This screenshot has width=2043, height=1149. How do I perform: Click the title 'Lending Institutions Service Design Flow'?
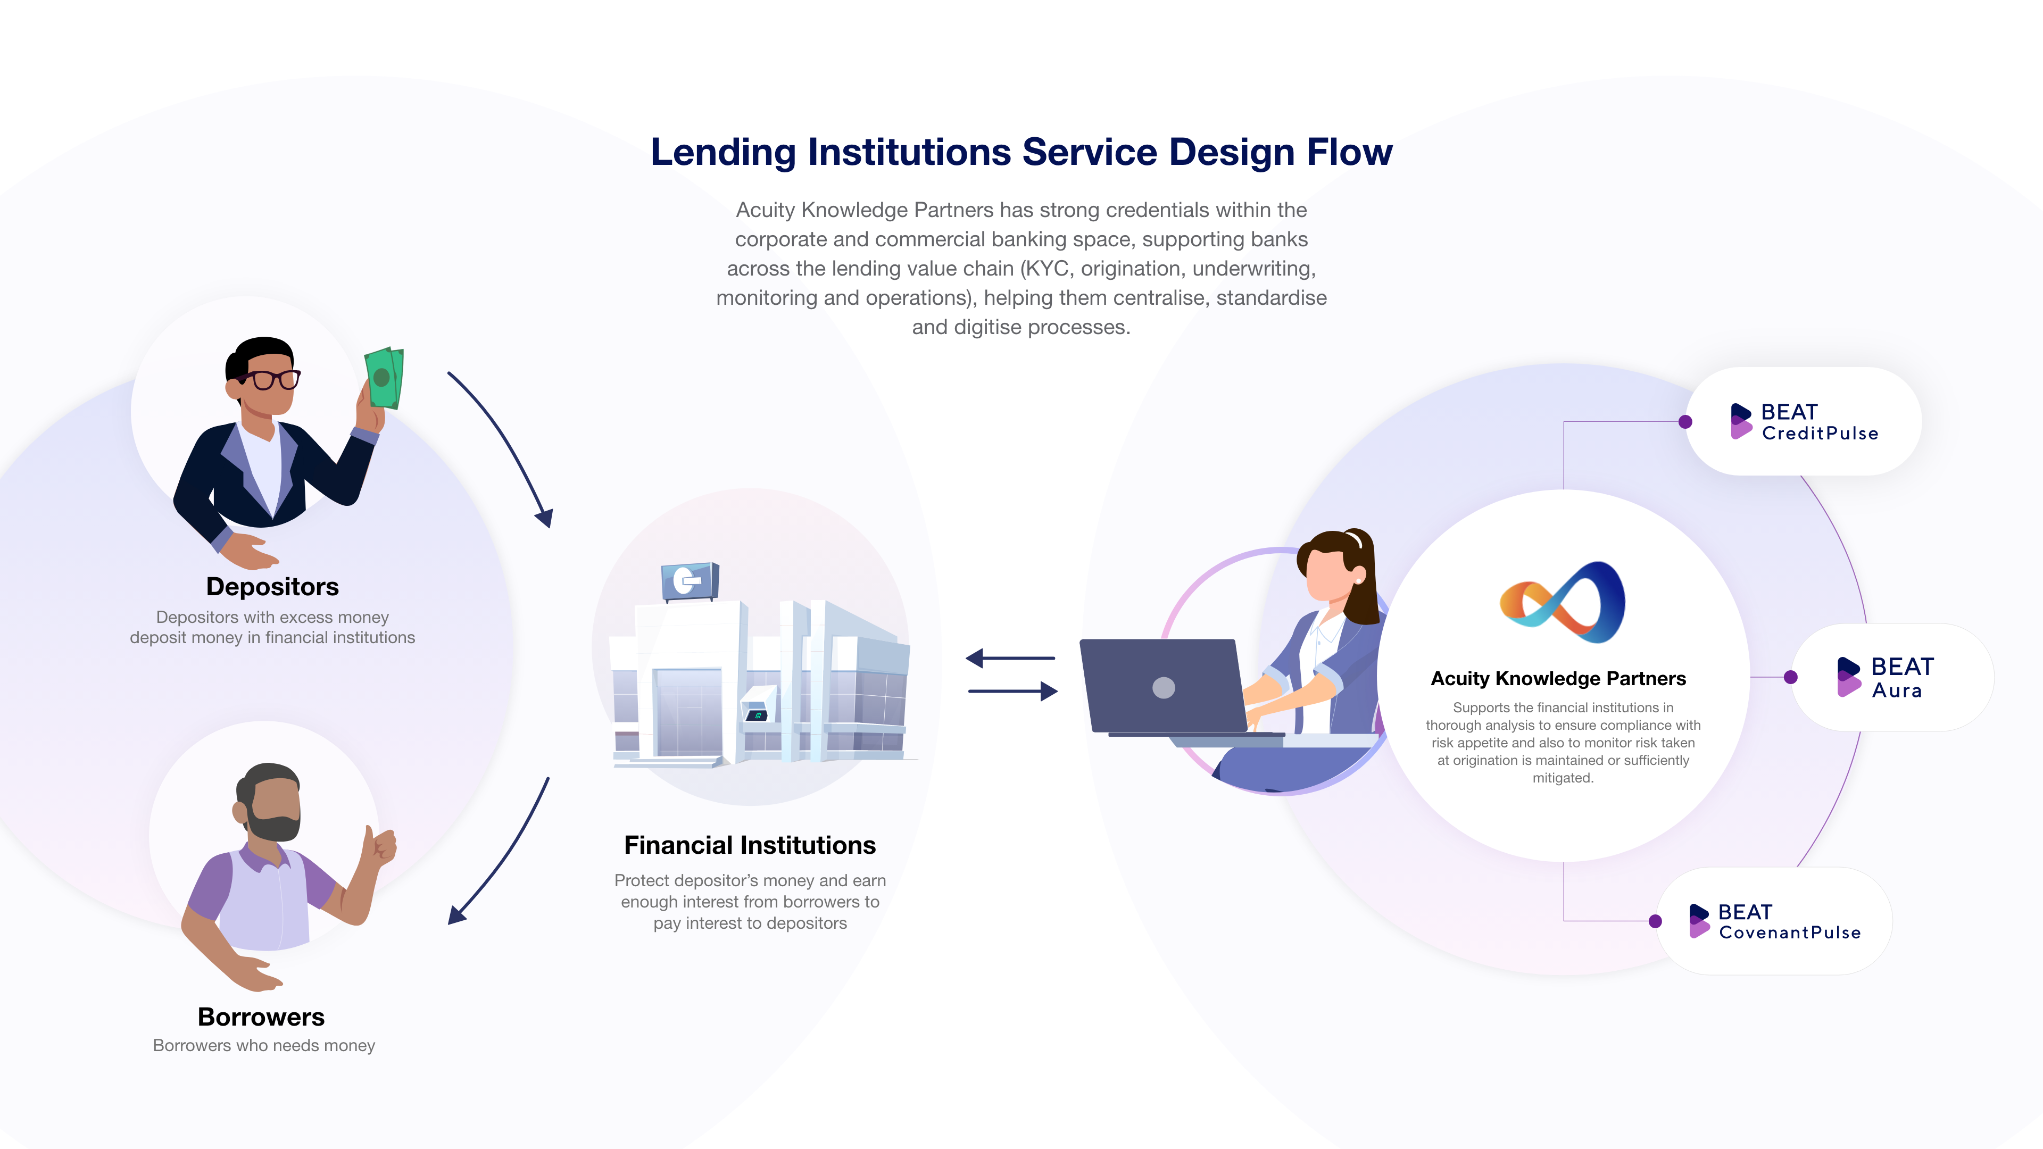tap(1021, 152)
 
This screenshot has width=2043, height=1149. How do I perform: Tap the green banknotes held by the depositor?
tap(384, 378)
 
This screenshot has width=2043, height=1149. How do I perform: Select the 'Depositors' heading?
tap(272, 586)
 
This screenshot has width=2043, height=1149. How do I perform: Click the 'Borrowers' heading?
tap(261, 1017)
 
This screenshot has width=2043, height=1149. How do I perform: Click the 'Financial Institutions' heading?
tap(750, 845)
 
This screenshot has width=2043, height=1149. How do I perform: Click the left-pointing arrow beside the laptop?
tap(1009, 658)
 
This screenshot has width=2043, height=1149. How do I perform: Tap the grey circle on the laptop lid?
tap(1164, 687)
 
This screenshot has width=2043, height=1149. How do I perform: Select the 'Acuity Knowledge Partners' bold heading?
tap(1558, 678)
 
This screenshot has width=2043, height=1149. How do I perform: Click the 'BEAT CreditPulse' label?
tap(1818, 422)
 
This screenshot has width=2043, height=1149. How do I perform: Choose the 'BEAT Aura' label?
tap(1900, 677)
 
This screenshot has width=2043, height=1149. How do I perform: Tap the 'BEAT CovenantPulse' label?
tap(1788, 921)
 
